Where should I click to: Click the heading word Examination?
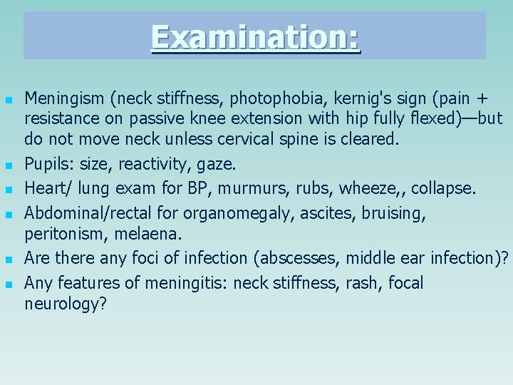tap(255, 37)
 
